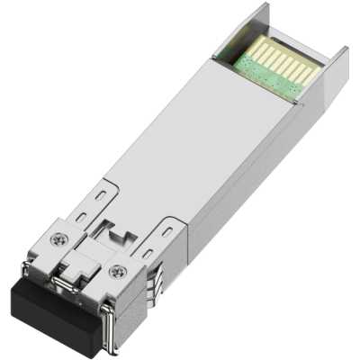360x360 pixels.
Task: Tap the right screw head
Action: click(115, 271)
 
